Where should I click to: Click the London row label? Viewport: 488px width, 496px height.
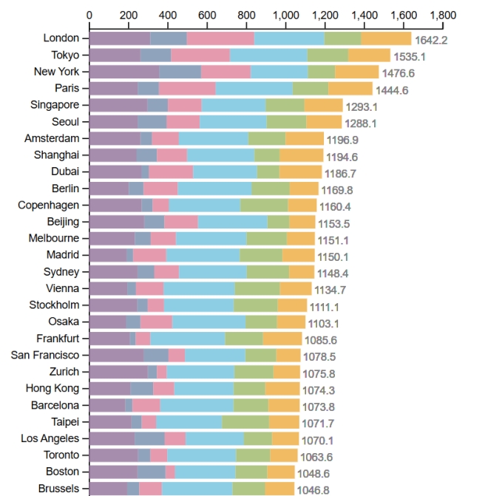click(x=62, y=38)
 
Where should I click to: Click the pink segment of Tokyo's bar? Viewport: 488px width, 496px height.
click(x=200, y=55)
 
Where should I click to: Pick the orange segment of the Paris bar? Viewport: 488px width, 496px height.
click(x=350, y=88)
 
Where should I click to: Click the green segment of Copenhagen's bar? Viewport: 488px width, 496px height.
click(x=264, y=205)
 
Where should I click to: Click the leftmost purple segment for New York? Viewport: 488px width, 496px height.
click(x=124, y=72)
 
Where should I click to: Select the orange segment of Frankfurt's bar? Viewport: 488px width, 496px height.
click(x=282, y=338)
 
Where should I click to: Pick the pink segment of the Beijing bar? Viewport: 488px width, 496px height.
click(x=181, y=222)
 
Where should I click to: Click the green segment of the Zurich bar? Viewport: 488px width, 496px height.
click(x=254, y=371)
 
